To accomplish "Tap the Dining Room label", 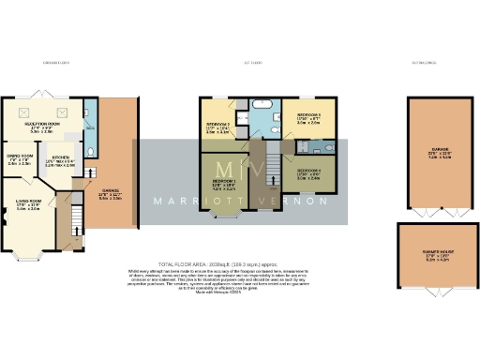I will click(x=20, y=158).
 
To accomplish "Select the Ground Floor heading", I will click(x=57, y=63).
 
